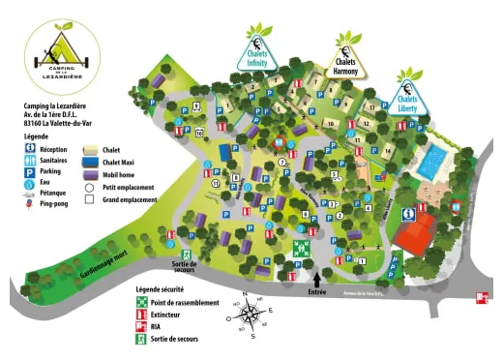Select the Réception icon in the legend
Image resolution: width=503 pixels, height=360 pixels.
[33, 150]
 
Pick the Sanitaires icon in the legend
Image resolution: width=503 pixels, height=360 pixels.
[33, 161]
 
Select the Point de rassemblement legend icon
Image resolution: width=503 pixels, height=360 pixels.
[140, 303]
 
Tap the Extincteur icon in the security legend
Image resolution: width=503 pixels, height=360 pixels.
[140, 315]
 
